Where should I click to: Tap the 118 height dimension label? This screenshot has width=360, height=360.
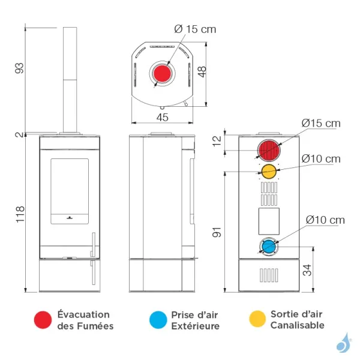[19, 213]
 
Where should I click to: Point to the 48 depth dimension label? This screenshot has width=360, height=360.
[202, 71]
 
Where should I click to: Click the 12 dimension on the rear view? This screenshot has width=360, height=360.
[217, 142]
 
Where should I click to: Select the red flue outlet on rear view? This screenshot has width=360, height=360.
[269, 151]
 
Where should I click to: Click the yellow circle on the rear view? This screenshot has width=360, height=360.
[268, 172]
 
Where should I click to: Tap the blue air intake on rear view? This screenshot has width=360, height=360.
[269, 246]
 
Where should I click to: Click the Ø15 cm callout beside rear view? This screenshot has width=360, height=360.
[320, 123]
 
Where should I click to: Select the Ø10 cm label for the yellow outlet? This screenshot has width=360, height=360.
[320, 159]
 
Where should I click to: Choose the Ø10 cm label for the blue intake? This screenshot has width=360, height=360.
[325, 220]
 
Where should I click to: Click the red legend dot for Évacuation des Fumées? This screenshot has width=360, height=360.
[42, 320]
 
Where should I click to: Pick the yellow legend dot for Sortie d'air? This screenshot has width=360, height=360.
[256, 320]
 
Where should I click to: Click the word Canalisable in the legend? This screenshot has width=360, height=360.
[297, 325]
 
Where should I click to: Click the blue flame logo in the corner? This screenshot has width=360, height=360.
[343, 343]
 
